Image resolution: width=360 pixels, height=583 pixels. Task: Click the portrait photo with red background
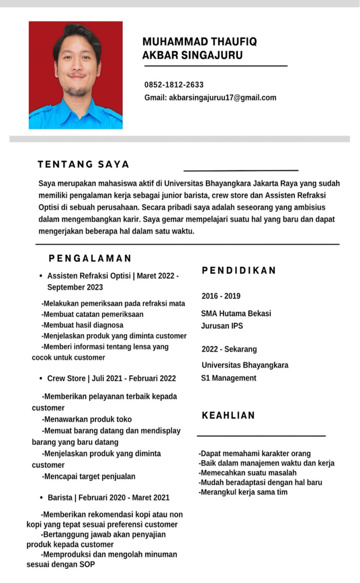75,75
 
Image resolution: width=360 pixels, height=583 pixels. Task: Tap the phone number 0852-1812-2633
174,85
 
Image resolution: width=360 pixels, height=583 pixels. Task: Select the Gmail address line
210,98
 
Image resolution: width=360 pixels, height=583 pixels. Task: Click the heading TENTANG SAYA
84,164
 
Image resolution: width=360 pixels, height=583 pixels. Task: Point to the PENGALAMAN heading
90,258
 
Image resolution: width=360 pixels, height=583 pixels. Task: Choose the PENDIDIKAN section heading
239,270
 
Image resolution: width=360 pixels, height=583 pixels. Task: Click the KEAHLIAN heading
228,415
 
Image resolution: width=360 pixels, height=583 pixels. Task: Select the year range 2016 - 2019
221,296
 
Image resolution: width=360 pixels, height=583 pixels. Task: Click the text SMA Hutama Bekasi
236,313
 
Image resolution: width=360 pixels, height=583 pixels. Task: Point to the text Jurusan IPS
222,326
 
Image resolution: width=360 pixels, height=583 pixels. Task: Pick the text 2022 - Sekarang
229,349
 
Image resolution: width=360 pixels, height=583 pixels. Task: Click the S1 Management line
229,378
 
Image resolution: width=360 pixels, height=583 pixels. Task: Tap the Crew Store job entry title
111,378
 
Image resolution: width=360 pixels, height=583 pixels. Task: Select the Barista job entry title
108,497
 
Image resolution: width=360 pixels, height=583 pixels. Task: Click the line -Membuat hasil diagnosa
83,325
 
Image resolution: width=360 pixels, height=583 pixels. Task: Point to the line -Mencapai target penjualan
89,477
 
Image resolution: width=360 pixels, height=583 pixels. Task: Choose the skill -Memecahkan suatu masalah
248,473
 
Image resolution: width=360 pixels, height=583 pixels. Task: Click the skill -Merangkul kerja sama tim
243,492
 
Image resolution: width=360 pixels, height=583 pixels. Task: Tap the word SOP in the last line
87,565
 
